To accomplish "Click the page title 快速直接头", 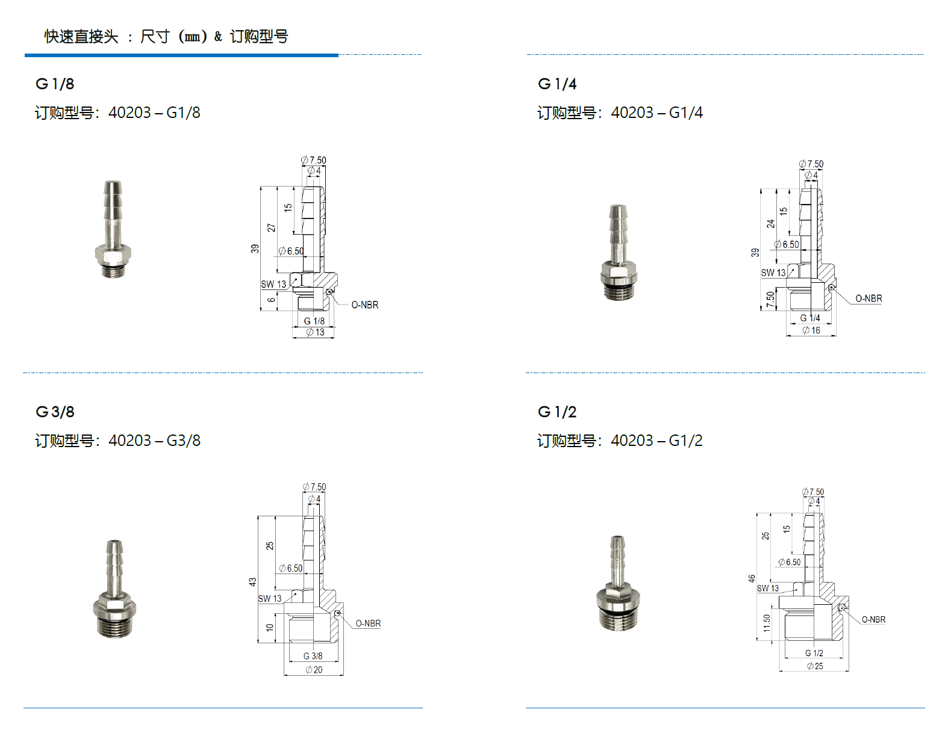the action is (81, 37).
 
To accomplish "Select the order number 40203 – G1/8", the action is (154, 113).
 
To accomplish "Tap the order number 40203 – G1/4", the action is (656, 113).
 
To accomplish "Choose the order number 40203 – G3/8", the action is (154, 441).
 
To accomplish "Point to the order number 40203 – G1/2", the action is (656, 441).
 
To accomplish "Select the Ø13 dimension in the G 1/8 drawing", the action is (316, 332).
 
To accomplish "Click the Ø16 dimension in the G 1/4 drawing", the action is (811, 331).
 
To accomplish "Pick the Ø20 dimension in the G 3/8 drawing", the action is (314, 670).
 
